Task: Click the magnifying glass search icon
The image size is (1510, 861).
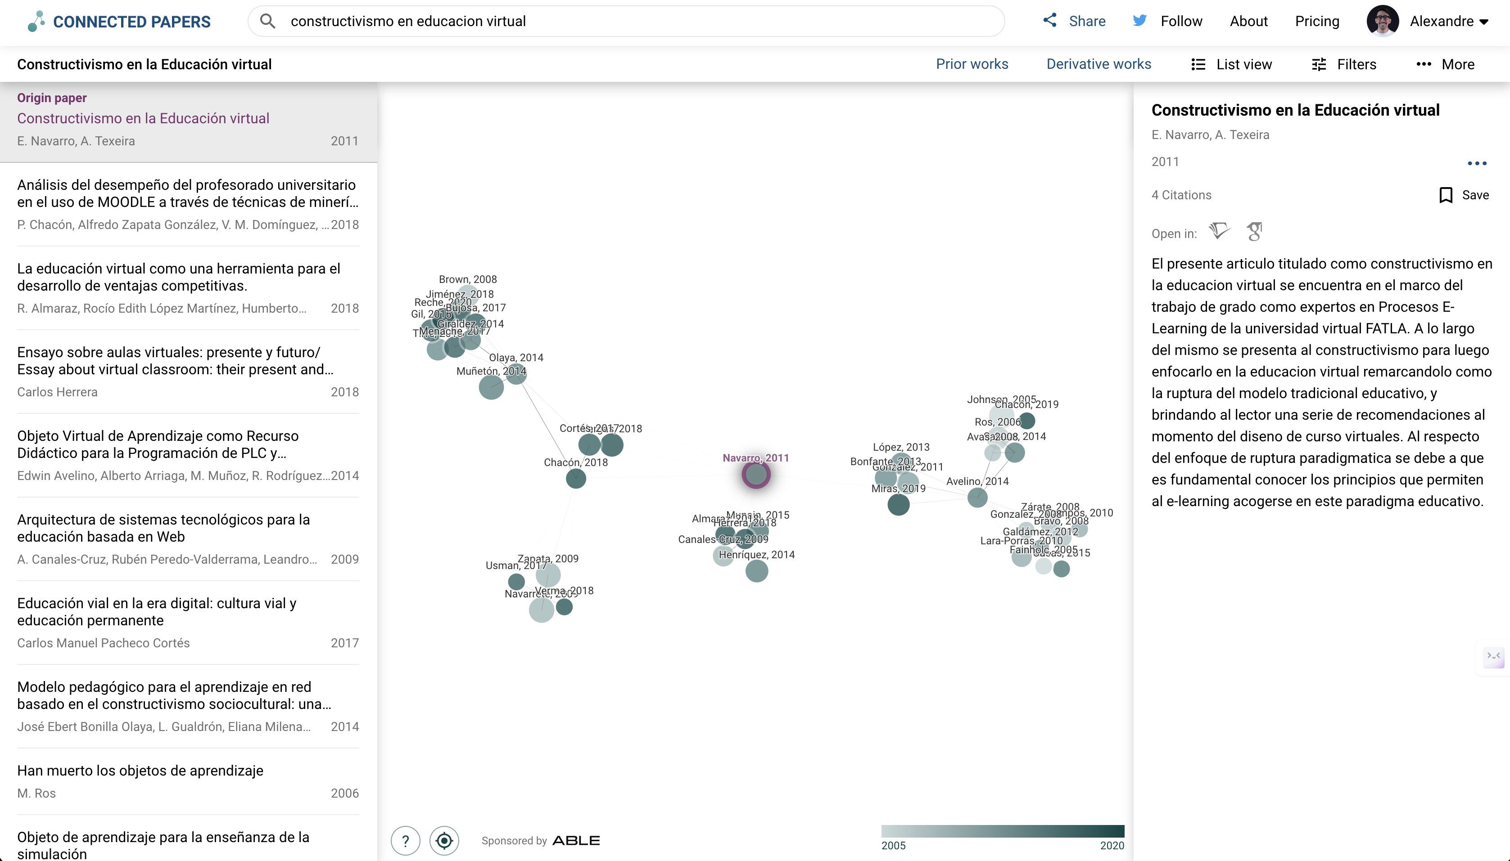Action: pyautogui.click(x=267, y=21)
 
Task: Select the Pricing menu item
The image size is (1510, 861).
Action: pyautogui.click(x=1316, y=21)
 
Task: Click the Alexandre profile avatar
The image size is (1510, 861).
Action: pyautogui.click(x=1382, y=21)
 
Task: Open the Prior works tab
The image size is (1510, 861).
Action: pyautogui.click(x=972, y=64)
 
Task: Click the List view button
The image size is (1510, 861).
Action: pyautogui.click(x=1231, y=64)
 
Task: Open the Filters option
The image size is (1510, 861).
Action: pyautogui.click(x=1344, y=64)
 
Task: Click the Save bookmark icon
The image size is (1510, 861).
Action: pyautogui.click(x=1446, y=195)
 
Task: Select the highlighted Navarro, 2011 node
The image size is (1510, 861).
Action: pyautogui.click(x=755, y=474)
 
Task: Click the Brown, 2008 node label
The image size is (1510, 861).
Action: pyautogui.click(x=467, y=279)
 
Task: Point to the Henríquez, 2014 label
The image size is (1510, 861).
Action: pyautogui.click(x=756, y=555)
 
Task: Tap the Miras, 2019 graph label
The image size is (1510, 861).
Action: pyautogui.click(x=898, y=489)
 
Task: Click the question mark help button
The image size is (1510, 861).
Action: pyautogui.click(x=405, y=840)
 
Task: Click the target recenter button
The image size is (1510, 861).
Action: pyautogui.click(x=444, y=840)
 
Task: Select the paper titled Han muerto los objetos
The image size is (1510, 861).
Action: pyautogui.click(x=140, y=771)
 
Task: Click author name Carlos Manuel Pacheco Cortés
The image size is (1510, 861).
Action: pyautogui.click(x=104, y=643)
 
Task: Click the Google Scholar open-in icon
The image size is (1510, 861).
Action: pyautogui.click(x=1254, y=231)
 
